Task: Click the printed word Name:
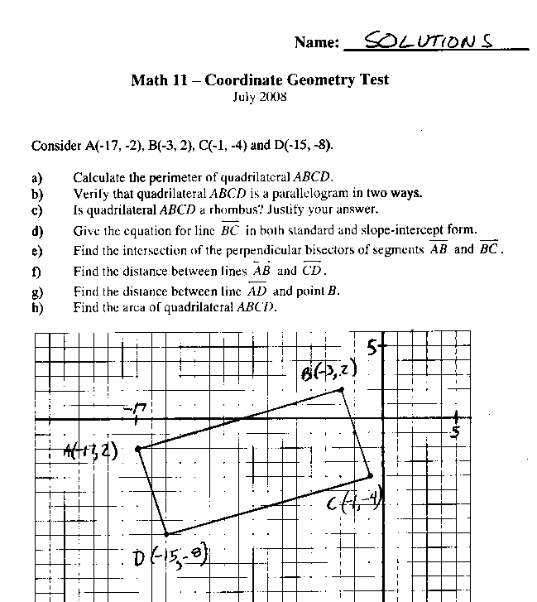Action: point(316,43)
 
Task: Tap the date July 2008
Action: point(260,96)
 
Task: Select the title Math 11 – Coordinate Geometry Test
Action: point(260,80)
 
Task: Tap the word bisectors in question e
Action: point(355,250)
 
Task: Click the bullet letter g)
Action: point(37,292)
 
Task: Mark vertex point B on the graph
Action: point(341,389)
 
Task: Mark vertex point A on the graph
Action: point(137,448)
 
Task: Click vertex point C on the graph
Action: point(370,476)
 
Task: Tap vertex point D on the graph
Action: point(166,534)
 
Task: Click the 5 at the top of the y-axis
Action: point(374,348)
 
